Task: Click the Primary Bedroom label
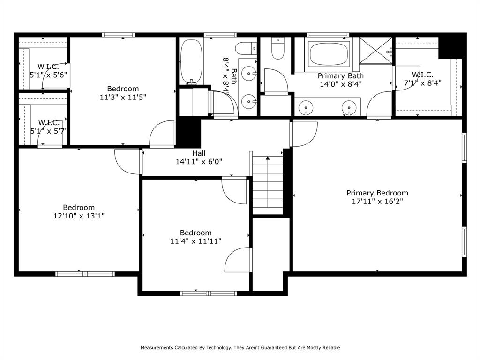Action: tap(377, 193)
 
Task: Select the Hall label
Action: tap(199, 153)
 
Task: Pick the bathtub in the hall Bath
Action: tap(191, 61)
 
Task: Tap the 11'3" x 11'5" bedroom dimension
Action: tap(123, 97)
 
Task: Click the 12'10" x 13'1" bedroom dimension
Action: tap(79, 216)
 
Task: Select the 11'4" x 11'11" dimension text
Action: tap(195, 241)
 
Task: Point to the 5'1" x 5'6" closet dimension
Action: tap(48, 74)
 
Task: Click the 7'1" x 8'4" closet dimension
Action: tap(422, 83)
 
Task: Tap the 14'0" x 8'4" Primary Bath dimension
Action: tap(340, 84)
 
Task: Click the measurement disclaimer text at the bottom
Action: tap(240, 347)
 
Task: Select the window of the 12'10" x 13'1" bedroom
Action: tap(85, 273)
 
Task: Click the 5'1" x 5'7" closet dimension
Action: tap(48, 131)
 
